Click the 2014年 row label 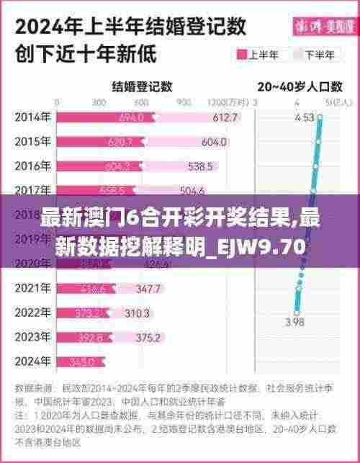click(32, 117)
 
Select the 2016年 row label click(32, 166)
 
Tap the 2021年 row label click(32, 289)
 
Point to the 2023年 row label click(32, 336)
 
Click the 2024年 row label click(32, 361)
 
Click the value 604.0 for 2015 click(214, 142)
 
